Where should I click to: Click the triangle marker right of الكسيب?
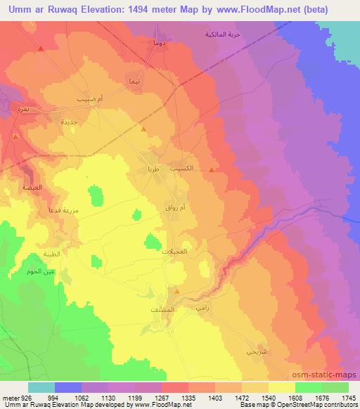tap(212, 169)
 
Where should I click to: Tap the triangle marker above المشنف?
tap(177, 291)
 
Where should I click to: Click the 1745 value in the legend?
tap(347, 397)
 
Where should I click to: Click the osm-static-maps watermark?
tap(333, 374)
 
